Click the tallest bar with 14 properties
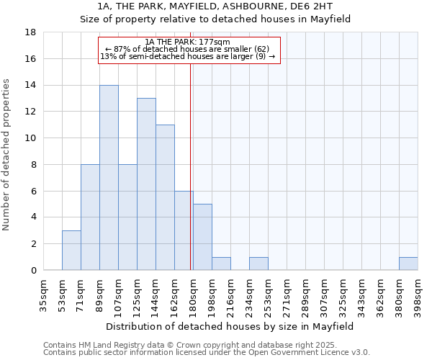[x=109, y=177]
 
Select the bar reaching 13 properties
[x=146, y=184]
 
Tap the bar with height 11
[x=165, y=197]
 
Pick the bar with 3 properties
[x=71, y=250]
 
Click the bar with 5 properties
[x=202, y=237]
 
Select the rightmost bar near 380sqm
[x=408, y=264]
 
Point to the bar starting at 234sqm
[x=258, y=264]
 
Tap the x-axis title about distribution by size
[x=230, y=326]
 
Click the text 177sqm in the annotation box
[x=216, y=42]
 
